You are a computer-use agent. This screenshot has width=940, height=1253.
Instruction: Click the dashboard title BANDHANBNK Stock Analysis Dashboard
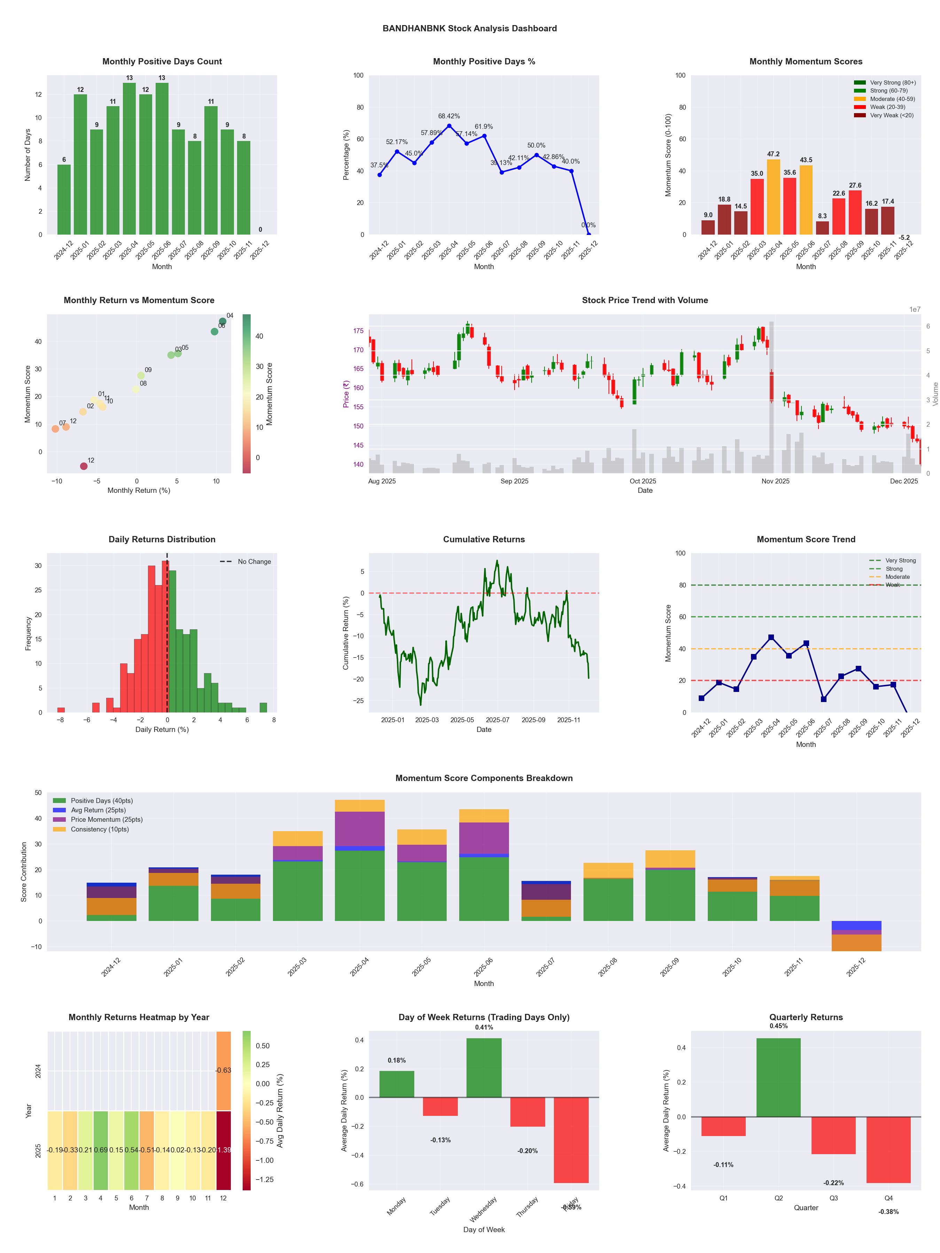pos(469,28)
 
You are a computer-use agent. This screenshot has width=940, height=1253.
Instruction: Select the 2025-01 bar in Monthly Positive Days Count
pos(80,164)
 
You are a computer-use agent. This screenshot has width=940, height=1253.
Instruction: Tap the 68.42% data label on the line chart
pos(449,116)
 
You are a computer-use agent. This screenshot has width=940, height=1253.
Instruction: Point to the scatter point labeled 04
pos(223,321)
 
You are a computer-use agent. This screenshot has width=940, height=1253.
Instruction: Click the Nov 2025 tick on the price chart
pos(775,481)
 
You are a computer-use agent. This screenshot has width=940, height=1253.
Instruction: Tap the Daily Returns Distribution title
pos(162,539)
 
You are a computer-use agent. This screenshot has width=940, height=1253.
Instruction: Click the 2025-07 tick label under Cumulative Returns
pos(498,720)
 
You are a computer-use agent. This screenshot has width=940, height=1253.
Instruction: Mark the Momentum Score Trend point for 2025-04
pos(770,637)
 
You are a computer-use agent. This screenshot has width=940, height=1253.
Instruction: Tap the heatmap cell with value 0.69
pos(101,1150)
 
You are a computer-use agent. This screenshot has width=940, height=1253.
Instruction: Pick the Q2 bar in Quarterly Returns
pos(778,1077)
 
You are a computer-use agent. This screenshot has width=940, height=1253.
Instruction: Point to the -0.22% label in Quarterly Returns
pos(833,1183)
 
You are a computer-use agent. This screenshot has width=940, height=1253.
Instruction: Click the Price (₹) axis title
pos(346,394)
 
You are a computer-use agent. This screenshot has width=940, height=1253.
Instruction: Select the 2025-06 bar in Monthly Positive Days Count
pos(162,159)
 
